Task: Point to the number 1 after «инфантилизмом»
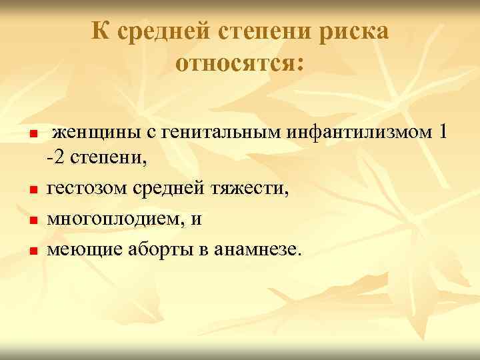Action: [x=444, y=132]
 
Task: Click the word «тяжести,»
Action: [x=250, y=190]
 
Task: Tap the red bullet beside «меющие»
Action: [x=32, y=251]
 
